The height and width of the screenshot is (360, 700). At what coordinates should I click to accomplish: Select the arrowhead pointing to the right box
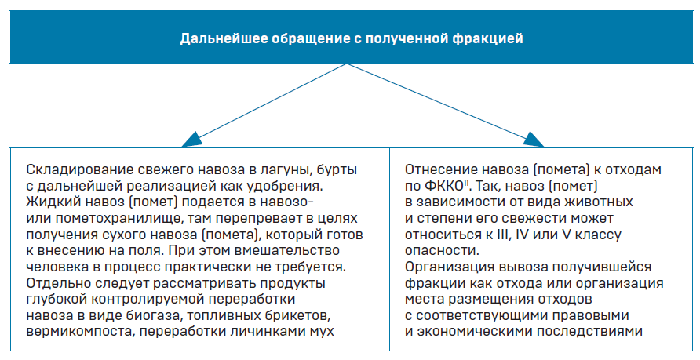click(x=534, y=139)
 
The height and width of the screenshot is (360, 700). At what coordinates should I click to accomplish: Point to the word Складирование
click(x=78, y=170)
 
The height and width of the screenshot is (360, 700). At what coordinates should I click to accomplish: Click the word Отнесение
click(x=440, y=170)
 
